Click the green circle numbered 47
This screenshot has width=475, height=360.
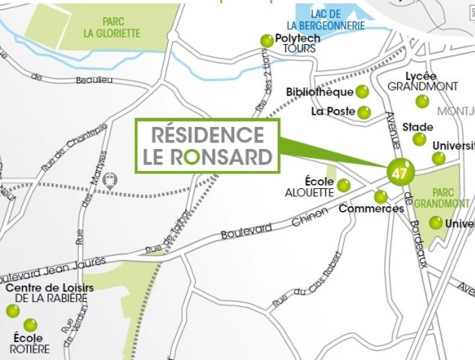(400, 173)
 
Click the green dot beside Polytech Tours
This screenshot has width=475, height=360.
(266, 40)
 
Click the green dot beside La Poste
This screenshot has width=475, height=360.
(364, 112)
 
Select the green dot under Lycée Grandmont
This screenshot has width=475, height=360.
(422, 101)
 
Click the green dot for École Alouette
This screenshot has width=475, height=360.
(344, 186)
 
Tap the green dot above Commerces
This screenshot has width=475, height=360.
(381, 196)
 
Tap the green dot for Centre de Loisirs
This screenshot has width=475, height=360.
(13, 311)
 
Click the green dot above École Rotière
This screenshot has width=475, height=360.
(30, 325)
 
